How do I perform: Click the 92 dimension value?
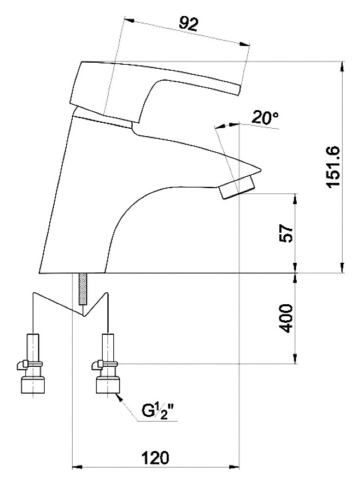[189, 23]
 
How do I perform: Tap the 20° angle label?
[265, 117]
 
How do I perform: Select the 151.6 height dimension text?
[333, 166]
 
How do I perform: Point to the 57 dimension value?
[286, 233]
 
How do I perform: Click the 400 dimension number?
[285, 318]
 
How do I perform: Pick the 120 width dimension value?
[155, 458]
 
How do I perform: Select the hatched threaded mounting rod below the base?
[83, 289]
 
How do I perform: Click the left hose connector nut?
[33, 385]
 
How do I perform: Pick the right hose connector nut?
[108, 385]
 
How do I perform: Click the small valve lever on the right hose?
[97, 364]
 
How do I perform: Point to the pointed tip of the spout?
[261, 170]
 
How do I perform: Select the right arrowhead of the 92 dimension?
[245, 45]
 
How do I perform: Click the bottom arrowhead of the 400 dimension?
[295, 358]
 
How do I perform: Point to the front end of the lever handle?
[240, 90]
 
